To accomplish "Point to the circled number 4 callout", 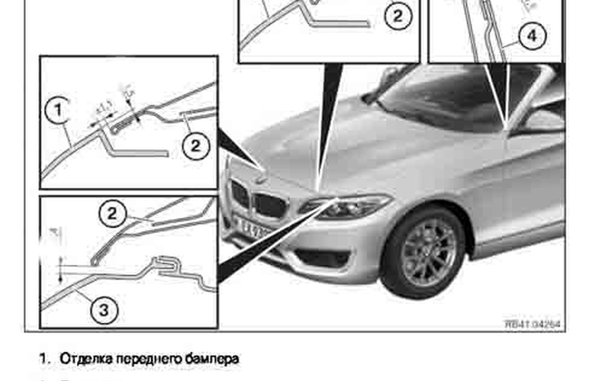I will coord(532,36).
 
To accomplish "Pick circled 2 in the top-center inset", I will coord(398,17).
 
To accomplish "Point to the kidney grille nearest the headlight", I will coord(270,205).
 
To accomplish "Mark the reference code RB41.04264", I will coord(532,324).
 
